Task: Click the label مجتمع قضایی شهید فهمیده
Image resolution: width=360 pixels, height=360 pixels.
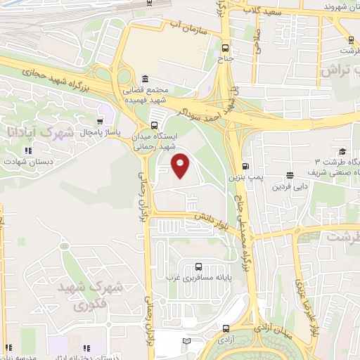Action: click(x=146, y=95)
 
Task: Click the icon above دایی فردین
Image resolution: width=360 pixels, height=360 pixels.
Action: click(x=290, y=176)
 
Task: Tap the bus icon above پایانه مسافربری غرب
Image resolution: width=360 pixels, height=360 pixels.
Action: click(x=198, y=266)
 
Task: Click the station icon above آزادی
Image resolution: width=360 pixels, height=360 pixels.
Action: click(x=226, y=328)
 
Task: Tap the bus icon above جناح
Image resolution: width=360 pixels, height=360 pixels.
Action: click(x=225, y=49)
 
